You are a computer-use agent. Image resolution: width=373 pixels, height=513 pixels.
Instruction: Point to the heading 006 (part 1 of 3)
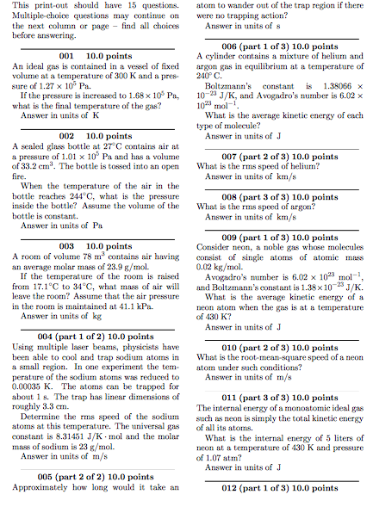pos(275,46)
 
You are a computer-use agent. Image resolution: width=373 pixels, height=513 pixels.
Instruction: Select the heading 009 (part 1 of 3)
pos(275,237)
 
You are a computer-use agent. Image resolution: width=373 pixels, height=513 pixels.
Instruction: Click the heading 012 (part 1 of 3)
pos(275,488)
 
